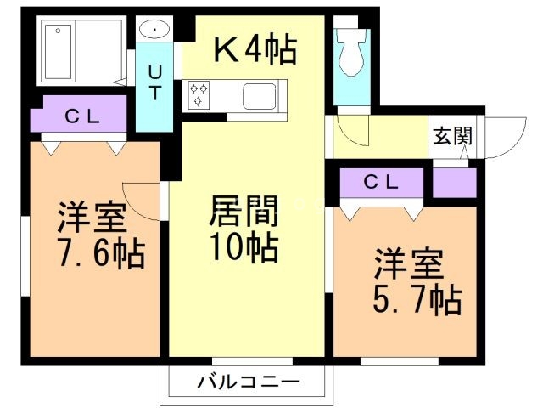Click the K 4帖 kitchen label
[x=254, y=50]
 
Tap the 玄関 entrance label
[x=451, y=136]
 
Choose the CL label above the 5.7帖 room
[x=382, y=181]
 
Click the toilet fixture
[x=349, y=56]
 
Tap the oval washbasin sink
[x=155, y=31]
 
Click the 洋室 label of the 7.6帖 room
[x=92, y=216]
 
